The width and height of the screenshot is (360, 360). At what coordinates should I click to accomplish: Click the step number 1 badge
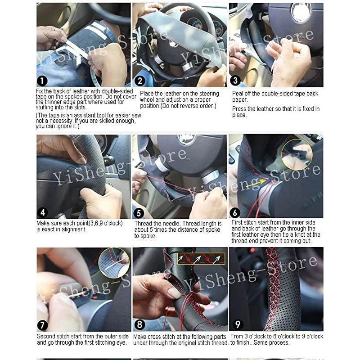coord(42,81)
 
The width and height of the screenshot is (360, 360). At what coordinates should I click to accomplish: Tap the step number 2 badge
coord(140,81)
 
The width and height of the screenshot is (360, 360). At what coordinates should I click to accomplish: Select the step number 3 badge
coord(235,81)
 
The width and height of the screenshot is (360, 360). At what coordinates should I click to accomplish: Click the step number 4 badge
coord(42,212)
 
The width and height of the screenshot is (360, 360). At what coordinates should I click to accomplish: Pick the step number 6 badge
coord(235,212)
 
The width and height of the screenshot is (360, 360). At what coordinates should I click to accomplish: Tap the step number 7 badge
coord(42,325)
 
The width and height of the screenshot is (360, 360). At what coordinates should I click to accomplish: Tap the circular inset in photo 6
coord(297,153)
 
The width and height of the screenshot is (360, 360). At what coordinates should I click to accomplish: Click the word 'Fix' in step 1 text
coord(40,91)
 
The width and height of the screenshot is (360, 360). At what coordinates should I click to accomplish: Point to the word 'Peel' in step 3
coord(238,94)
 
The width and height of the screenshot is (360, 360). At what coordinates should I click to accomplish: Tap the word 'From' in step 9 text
coord(237,337)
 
